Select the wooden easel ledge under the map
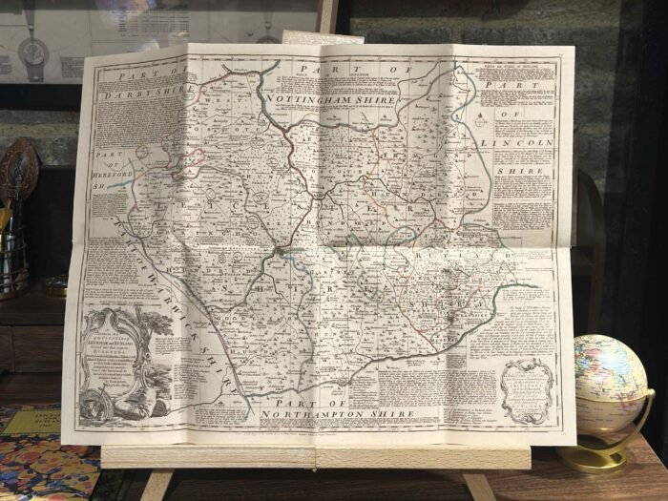pyautogui.click(x=315, y=457)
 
